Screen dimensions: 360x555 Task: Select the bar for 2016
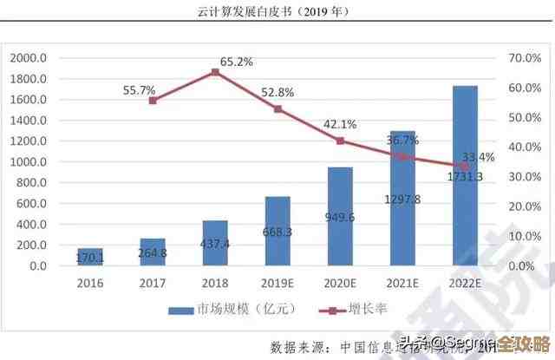(90, 257)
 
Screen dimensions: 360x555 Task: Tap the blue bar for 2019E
(277, 231)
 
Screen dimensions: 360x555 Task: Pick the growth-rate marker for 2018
(215, 72)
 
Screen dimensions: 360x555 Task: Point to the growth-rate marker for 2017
(153, 101)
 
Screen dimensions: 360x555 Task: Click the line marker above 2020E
(340, 141)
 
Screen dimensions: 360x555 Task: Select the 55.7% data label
(139, 89)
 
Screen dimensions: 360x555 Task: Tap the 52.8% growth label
(277, 92)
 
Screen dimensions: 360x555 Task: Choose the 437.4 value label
(215, 245)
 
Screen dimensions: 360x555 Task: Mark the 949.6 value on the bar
(340, 217)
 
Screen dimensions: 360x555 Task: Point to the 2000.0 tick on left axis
(29, 58)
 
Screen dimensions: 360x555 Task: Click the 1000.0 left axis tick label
(29, 162)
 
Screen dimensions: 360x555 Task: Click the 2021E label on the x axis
(402, 284)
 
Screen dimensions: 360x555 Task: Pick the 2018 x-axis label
(215, 284)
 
